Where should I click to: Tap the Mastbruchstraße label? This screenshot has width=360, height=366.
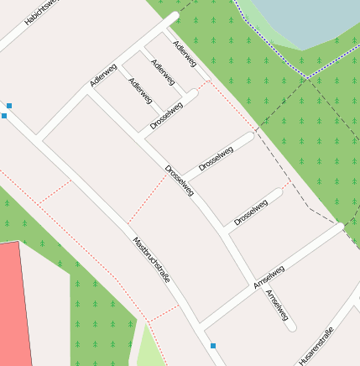[x=152, y=259]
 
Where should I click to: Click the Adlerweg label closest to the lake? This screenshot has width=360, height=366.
[x=184, y=53]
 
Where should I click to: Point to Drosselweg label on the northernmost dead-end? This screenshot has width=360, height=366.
[x=166, y=115]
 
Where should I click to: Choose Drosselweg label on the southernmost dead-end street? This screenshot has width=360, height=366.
[x=251, y=212]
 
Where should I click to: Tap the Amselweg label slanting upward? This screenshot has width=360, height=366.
[x=269, y=277]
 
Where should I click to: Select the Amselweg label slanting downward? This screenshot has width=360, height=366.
[x=277, y=306]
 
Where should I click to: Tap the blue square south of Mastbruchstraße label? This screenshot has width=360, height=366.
[x=213, y=346]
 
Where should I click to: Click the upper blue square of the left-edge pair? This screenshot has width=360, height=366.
[x=9, y=106]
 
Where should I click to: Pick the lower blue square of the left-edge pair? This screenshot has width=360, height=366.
[x=3, y=116]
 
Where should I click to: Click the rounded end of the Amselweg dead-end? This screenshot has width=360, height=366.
[x=290, y=327]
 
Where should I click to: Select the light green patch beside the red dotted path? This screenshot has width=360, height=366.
[x=149, y=346]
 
